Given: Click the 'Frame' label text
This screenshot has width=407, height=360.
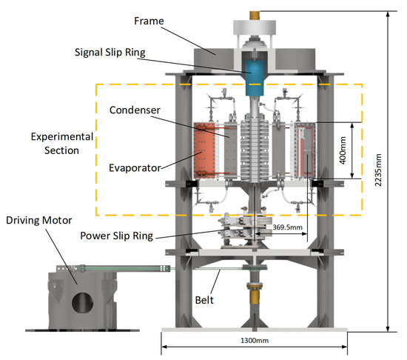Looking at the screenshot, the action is click(x=149, y=21).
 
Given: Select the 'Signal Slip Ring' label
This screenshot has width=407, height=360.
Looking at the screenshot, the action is click(x=110, y=52).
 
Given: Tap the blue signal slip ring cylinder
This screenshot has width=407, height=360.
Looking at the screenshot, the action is click(x=255, y=77).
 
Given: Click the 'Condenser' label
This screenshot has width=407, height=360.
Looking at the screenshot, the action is click(x=135, y=110).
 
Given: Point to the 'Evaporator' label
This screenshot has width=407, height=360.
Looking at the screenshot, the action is click(x=135, y=168).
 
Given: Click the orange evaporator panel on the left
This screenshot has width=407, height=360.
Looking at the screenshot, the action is click(x=204, y=150).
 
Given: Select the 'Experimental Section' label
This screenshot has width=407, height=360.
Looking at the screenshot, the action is click(x=62, y=144).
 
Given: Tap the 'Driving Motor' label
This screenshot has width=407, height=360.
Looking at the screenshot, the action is click(x=39, y=220).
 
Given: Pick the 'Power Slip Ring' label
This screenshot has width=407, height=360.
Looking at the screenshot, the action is click(x=116, y=236).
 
